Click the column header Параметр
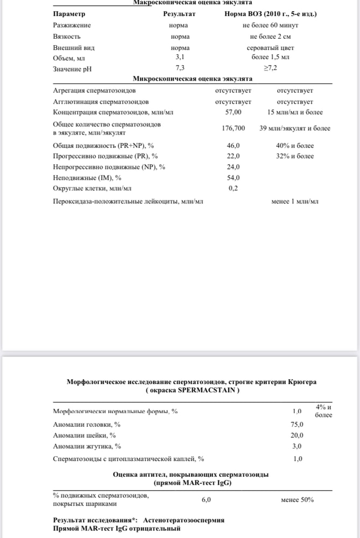69,13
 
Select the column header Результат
179,13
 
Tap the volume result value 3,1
180,56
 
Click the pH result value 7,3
180,68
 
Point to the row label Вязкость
66,37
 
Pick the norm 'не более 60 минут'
271,25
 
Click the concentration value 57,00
233,112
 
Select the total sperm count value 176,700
233,129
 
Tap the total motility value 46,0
233,146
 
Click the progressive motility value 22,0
233,157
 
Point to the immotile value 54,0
233,178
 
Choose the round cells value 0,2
233,188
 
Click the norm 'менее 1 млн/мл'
295,202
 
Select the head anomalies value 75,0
297,424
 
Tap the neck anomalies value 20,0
297,435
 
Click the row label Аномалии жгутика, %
87,446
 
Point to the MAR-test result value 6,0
206,500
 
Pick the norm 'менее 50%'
297,500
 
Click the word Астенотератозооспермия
184,520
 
